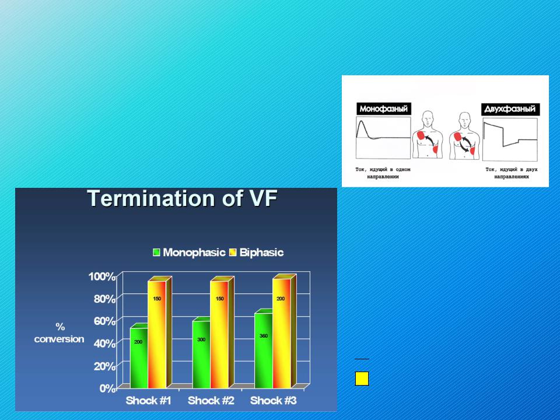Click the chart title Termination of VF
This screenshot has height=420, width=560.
click(182, 198)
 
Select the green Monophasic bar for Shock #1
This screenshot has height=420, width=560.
click(139, 358)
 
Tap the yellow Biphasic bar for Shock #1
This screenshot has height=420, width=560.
click(157, 335)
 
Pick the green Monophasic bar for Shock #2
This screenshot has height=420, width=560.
click(201, 354)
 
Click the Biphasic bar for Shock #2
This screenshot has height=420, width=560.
click(219, 335)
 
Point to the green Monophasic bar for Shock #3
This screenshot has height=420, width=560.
click(264, 351)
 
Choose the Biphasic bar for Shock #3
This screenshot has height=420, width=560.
click(282, 334)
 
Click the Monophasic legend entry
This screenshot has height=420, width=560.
click(189, 253)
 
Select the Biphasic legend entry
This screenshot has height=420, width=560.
click(257, 253)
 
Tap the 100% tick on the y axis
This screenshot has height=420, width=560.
click(101, 276)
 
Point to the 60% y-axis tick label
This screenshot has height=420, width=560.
click(104, 321)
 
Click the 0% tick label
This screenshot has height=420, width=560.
click(107, 388)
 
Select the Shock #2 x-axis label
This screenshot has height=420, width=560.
click(211, 400)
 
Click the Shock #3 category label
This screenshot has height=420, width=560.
click(273, 400)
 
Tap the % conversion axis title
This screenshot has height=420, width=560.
click(60, 333)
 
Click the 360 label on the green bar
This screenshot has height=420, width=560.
click(264, 336)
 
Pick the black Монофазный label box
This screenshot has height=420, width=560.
click(384, 109)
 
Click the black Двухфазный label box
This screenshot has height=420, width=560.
click(510, 109)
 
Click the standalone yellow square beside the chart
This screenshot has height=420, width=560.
click(362, 379)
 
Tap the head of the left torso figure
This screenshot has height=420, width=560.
click(428, 118)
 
